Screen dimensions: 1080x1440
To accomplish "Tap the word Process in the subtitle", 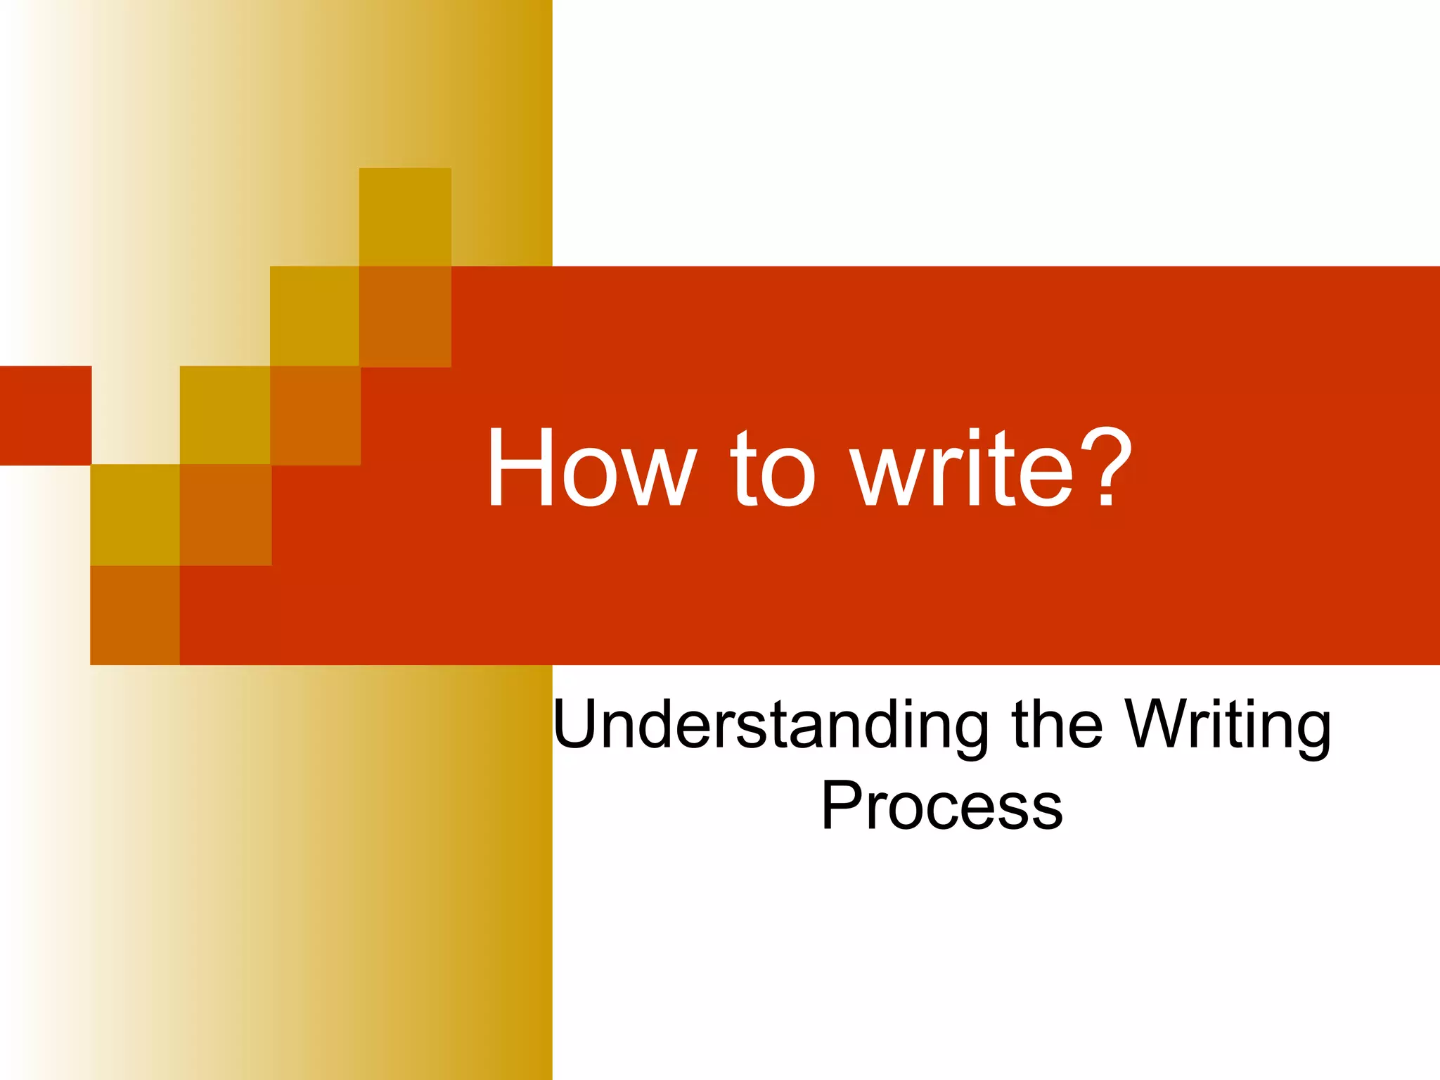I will click(x=942, y=806).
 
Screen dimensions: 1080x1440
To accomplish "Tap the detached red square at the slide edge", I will click(x=45, y=416).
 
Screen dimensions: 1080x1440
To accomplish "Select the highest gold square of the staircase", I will click(x=405, y=217).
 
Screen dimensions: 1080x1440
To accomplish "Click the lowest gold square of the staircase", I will click(x=135, y=515).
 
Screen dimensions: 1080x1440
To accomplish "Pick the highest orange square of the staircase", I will click(x=405, y=316).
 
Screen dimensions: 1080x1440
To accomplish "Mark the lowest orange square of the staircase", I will click(x=135, y=615).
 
